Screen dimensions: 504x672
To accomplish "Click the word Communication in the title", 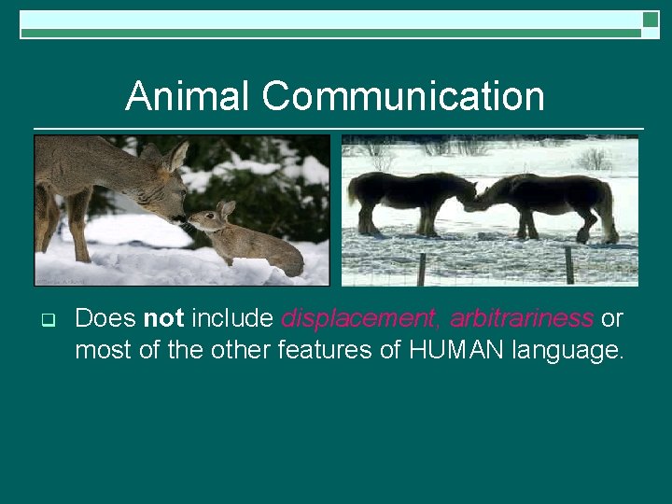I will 403,96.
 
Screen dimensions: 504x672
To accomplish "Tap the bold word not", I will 164,318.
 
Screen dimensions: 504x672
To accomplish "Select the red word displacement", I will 360,318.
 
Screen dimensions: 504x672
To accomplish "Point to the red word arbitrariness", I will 521,318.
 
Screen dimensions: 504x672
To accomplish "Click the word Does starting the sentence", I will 105,318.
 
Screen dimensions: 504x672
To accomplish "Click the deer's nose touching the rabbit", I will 180,219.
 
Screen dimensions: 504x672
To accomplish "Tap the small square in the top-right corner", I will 651,19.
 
